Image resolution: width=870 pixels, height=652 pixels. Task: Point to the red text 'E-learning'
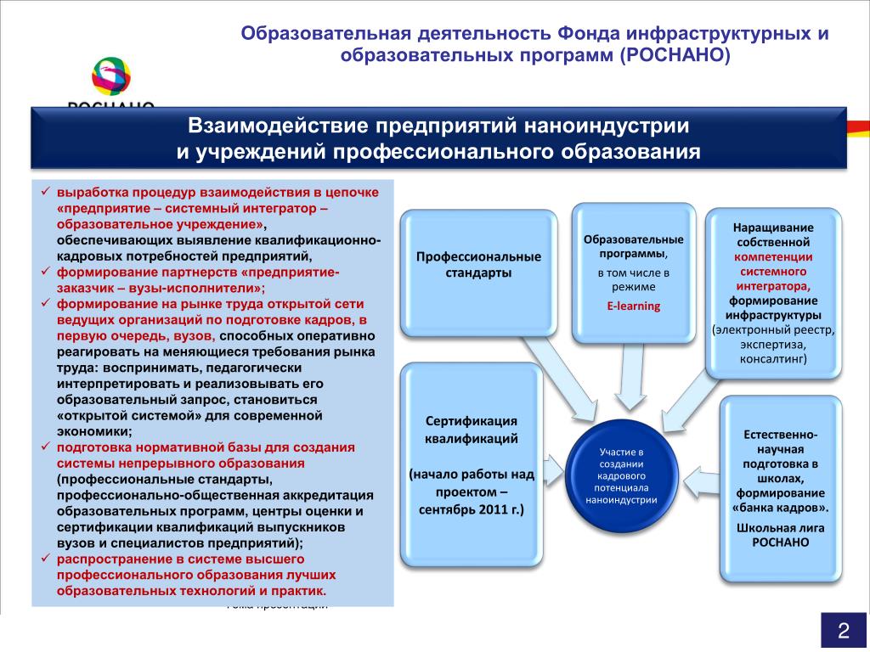[633, 306]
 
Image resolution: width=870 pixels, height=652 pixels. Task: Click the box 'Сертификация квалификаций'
[471, 465]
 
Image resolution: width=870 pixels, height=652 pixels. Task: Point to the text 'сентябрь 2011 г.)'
[471, 510]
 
